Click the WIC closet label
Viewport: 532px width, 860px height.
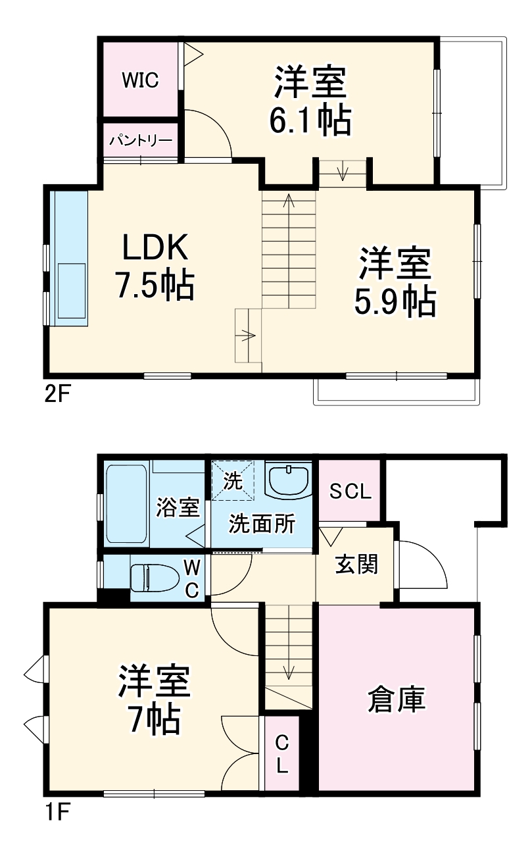pos(139,80)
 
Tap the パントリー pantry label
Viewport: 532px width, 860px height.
pos(141,140)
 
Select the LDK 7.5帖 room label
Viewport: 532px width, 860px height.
pos(155,266)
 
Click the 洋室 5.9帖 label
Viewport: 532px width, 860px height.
pos(395,282)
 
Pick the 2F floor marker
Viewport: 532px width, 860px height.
pos(57,395)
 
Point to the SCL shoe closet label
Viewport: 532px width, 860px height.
pos(350,492)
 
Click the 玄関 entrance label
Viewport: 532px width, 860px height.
pos(356,563)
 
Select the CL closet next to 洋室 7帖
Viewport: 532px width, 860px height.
pos(281,754)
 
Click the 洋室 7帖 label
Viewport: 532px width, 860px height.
pos(155,700)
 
